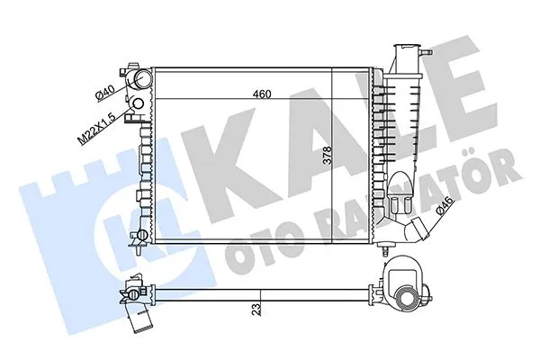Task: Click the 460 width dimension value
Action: coord(262,94)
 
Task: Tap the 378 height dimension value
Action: coord(327,155)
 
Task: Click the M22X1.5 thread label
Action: coord(96,124)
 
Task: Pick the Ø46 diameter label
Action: coord(445,205)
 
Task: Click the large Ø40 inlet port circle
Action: coord(141,78)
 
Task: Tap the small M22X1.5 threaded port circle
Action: coord(138,103)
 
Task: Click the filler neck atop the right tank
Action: coord(408,57)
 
